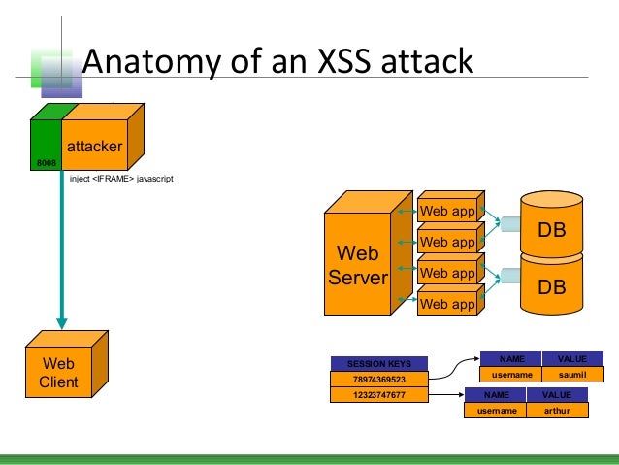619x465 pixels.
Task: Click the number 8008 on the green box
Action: pyautogui.click(x=46, y=163)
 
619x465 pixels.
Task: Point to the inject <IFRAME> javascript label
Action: pyautogui.click(x=120, y=180)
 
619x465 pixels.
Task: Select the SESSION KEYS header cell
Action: pyautogui.click(x=379, y=364)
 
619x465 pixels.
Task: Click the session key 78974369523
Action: pyautogui.click(x=379, y=380)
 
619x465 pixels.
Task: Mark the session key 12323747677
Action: pyautogui.click(x=379, y=396)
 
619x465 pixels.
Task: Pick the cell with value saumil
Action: pyautogui.click(x=572, y=374)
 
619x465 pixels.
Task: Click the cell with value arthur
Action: pyautogui.click(x=556, y=411)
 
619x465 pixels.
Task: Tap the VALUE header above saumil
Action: pyautogui.click(x=572, y=358)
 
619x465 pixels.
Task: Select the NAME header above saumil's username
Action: pyautogui.click(x=511, y=358)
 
